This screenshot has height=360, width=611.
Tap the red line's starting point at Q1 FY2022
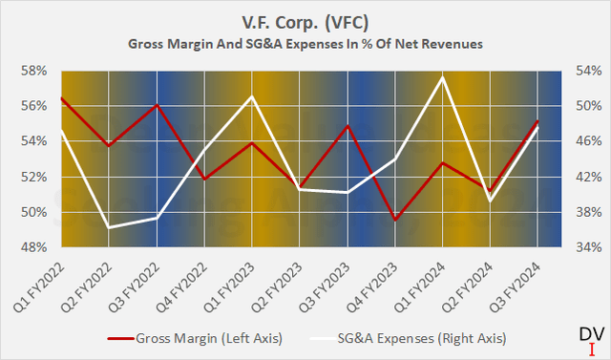click(61, 97)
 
